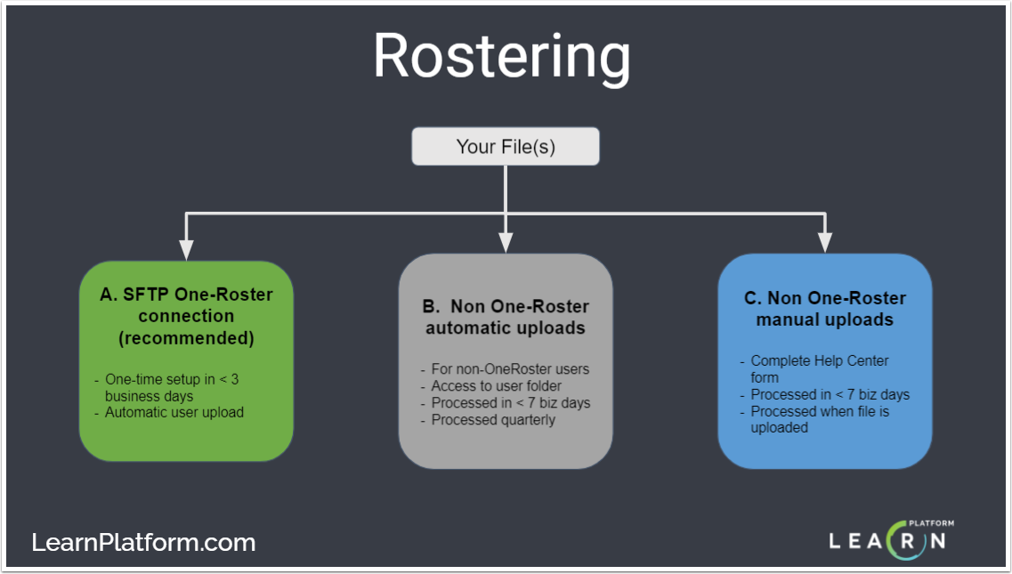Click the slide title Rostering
tap(502, 58)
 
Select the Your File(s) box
tap(506, 147)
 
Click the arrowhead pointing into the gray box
tap(506, 242)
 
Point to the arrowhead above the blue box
tap(825, 242)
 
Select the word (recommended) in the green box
tap(186, 339)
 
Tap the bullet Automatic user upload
tap(174, 412)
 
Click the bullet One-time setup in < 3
tap(171, 379)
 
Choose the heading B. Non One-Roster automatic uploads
tap(506, 318)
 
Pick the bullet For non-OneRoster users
tap(510, 368)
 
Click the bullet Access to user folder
tap(496, 385)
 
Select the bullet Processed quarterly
tap(492, 419)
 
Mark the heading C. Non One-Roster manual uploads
tap(825, 309)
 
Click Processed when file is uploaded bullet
tap(819, 411)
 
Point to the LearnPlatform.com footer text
tap(143, 542)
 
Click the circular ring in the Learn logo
tap(903, 539)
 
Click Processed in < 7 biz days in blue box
tap(830, 394)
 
